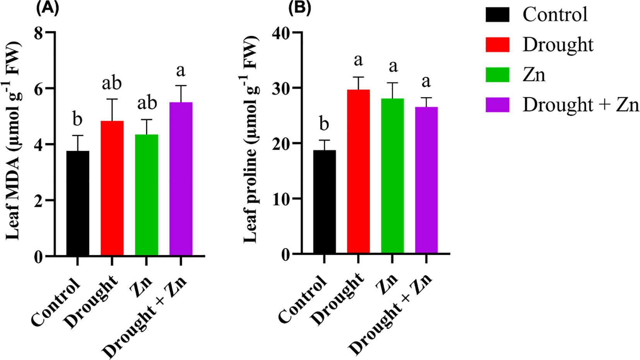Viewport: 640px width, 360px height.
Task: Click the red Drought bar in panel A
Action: [x=112, y=188]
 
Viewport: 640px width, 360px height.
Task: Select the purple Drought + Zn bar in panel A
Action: [x=181, y=179]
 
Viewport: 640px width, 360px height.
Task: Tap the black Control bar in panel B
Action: [x=324, y=202]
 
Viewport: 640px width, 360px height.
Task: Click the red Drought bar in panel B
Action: [x=358, y=172]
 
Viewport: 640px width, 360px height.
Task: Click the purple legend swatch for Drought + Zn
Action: [x=497, y=105]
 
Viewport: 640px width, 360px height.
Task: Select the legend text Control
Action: [x=555, y=15]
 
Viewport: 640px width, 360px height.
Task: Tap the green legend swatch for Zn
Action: [x=497, y=74]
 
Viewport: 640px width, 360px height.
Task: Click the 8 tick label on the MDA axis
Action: [x=38, y=33]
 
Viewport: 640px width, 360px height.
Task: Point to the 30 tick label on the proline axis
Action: [x=282, y=88]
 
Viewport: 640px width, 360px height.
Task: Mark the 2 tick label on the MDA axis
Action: [x=38, y=201]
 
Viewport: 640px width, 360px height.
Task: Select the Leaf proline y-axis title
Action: [x=251, y=139]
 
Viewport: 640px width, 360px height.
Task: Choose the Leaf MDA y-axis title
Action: [x=14, y=143]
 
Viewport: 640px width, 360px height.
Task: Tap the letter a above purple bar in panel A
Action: [x=180, y=70]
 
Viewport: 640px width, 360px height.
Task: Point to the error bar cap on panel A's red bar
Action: [x=112, y=99]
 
